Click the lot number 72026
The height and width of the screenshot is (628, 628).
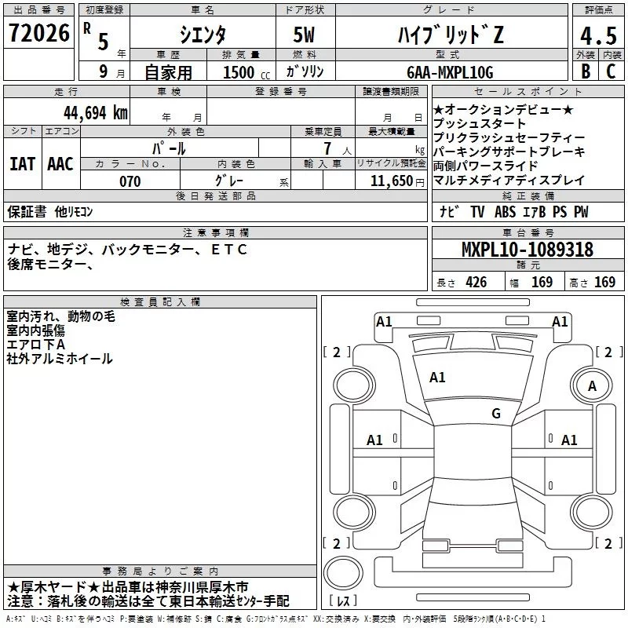[38, 34]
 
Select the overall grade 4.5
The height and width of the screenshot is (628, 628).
[597, 35]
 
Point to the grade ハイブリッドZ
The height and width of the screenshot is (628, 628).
[448, 35]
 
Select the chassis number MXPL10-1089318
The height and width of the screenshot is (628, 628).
[527, 250]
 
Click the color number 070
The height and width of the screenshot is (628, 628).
[130, 181]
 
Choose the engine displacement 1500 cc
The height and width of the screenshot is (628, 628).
[240, 72]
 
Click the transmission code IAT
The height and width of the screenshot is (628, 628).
[22, 164]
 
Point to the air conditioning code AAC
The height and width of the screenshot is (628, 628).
[60, 164]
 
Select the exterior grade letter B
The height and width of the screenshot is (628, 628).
[584, 71]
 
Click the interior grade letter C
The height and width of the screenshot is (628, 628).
[610, 71]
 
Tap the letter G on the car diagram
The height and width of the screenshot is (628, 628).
[495, 414]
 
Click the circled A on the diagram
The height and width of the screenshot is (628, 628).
[592, 385]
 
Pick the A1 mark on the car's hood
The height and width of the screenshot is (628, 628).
[437, 378]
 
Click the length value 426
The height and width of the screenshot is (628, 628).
[475, 283]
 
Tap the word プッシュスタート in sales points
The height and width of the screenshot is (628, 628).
[480, 123]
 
